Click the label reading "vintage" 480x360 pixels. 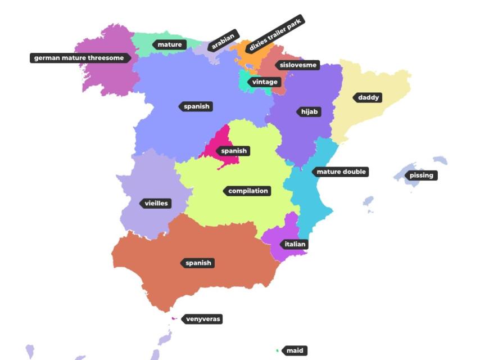pyautogui.click(x=264, y=82)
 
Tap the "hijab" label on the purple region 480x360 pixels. pyautogui.click(x=309, y=112)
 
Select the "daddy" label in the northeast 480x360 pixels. pyautogui.click(x=369, y=98)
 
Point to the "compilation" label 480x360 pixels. pyautogui.click(x=248, y=191)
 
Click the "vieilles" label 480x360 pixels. pyautogui.click(x=156, y=204)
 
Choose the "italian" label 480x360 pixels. pyautogui.click(x=295, y=245)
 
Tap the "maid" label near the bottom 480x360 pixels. pyautogui.click(x=295, y=351)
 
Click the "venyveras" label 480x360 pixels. pyautogui.click(x=203, y=319)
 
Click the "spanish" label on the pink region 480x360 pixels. pyautogui.click(x=233, y=151)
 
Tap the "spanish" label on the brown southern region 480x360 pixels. pyautogui.click(x=198, y=263)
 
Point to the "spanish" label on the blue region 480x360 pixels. pyautogui.click(x=196, y=106)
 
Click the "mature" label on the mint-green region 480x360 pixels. pyautogui.click(x=169, y=45)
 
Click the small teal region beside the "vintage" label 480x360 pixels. pyautogui.click(x=243, y=82)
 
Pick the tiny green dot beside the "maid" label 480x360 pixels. pyautogui.click(x=278, y=350)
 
